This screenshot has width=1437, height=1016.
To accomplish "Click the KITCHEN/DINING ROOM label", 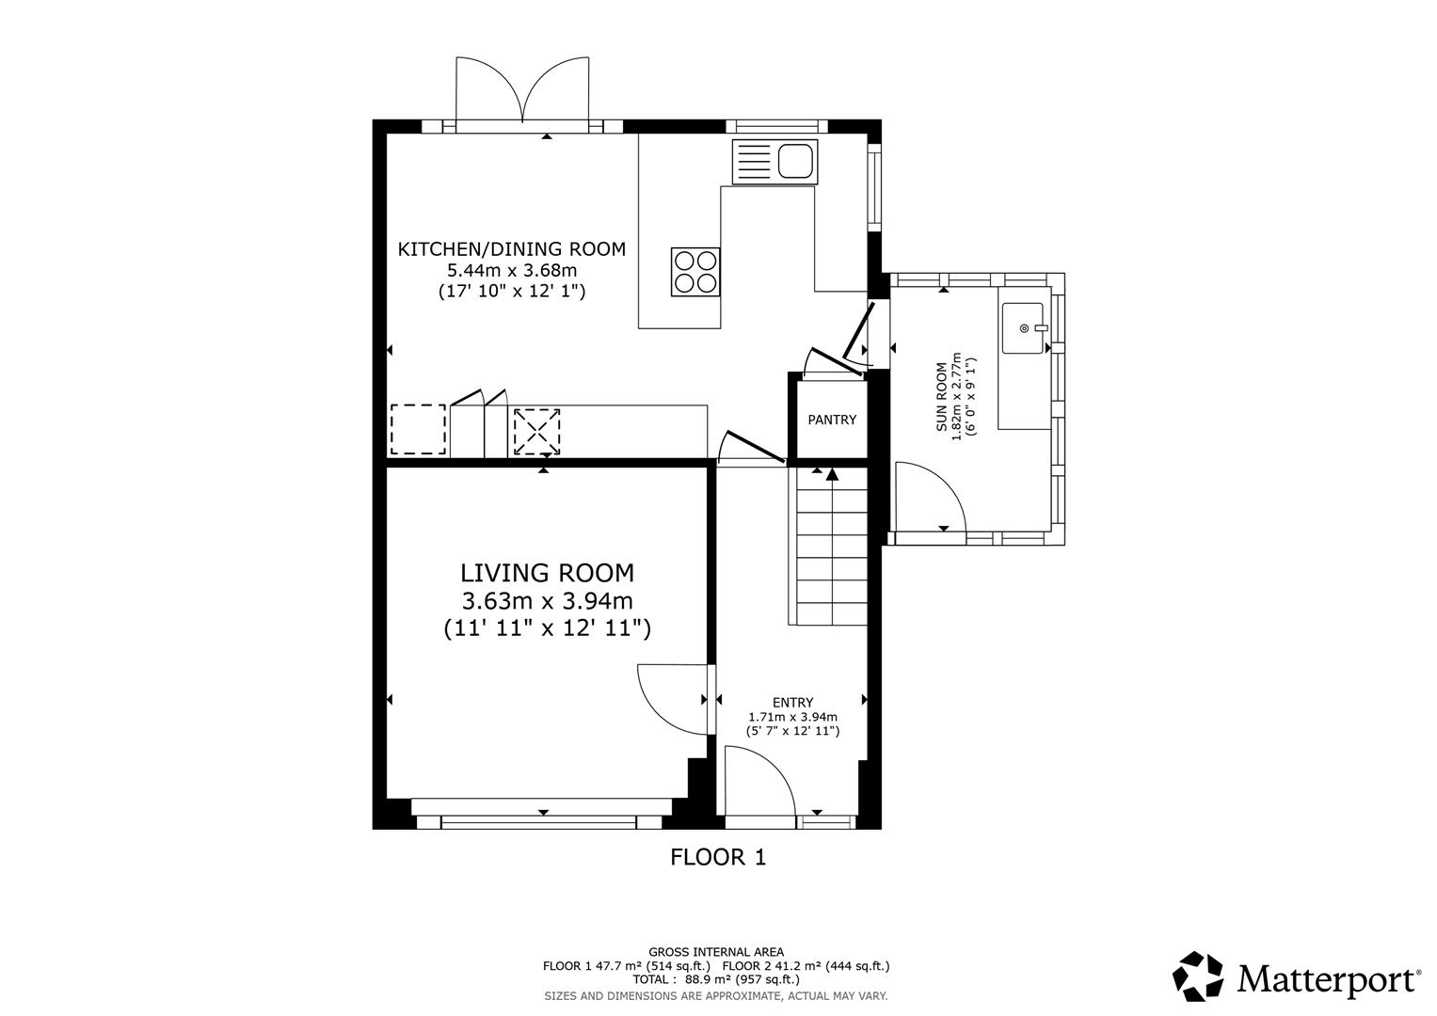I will [511, 249].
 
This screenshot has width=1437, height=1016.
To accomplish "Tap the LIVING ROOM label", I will [547, 573].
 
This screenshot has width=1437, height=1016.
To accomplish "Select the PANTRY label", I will [832, 420].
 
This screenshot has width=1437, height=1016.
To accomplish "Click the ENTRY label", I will [792, 703].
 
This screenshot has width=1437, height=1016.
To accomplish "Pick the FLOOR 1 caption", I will [718, 857].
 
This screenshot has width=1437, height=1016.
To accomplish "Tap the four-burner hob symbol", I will [695, 271].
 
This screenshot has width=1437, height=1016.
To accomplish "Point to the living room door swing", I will [670, 698].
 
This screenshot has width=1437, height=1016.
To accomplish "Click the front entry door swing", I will [760, 781].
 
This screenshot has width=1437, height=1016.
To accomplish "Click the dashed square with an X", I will [536, 432].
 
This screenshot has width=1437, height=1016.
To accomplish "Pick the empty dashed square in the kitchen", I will [418, 430].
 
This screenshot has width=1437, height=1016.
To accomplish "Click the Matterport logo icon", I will [1198, 976].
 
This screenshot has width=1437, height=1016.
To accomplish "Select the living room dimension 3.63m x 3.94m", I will [547, 601].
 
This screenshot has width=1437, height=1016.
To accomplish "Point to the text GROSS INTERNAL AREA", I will [716, 952].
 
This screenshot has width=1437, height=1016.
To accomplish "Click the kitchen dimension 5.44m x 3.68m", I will [511, 271].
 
